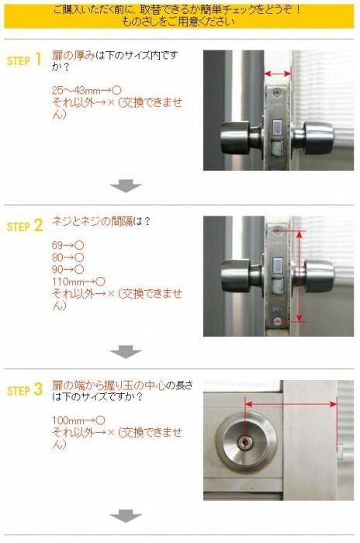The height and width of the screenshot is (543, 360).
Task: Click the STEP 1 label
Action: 24,61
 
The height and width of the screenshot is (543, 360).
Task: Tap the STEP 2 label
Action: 24,227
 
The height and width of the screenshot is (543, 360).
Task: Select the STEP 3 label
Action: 24,391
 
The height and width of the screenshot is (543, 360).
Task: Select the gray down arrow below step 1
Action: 126,185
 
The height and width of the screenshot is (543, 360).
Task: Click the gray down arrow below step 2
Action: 126,351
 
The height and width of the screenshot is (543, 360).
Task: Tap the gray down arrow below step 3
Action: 126,516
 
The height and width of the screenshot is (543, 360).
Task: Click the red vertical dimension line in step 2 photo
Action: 299,275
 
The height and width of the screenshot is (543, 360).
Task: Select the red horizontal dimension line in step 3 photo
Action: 290,403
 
